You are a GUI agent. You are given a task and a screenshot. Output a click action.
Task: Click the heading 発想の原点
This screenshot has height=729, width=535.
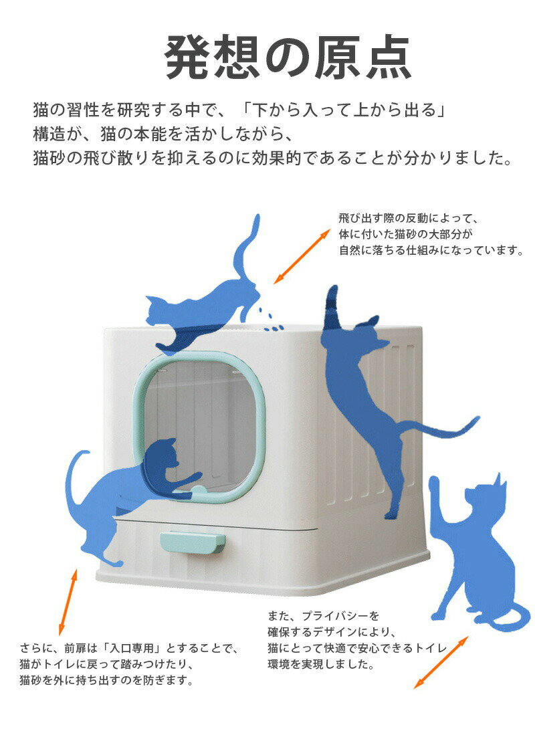coord(288,58)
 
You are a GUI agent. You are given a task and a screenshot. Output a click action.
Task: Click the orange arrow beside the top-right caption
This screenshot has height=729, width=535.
coord(302,256)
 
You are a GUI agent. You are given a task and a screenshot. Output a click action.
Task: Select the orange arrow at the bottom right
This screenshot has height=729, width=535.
coord(441,663)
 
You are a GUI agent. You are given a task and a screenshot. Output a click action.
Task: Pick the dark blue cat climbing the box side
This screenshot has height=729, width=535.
coord(367,395)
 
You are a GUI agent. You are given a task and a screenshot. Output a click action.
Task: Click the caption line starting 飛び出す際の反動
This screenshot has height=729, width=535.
coord(408,218)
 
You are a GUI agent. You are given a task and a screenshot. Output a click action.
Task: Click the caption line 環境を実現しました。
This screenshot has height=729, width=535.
coord(321,664)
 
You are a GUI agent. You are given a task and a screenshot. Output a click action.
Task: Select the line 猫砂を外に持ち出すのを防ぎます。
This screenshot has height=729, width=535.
coord(106,680)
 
